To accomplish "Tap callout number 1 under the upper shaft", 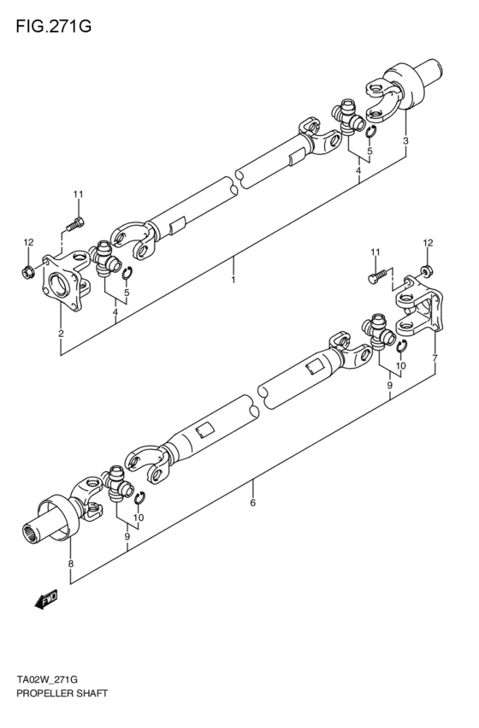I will tap(232, 279).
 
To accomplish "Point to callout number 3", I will tap(405, 140).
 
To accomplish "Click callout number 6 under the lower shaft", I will tap(253, 503).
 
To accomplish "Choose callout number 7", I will tap(435, 357).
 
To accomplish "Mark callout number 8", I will tap(71, 564).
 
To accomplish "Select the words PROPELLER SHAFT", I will tap(59, 694).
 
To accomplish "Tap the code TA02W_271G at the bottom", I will tap(50, 680).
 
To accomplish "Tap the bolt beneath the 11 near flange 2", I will tap(72, 224).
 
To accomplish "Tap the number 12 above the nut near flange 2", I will tap(27, 243).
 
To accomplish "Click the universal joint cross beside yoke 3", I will tap(348, 114).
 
